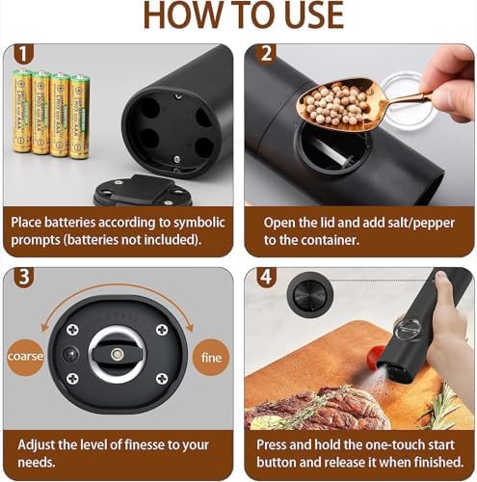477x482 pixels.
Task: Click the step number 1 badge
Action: click(x=23, y=54)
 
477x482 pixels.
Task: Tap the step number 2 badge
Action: click(x=266, y=54)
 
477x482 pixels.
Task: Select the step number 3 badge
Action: click(x=24, y=277)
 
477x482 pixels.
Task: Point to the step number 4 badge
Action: click(x=266, y=277)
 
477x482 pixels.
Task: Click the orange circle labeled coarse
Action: click(x=25, y=357)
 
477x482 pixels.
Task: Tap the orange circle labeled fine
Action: click(x=211, y=358)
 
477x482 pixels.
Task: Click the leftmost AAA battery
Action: click(x=22, y=111)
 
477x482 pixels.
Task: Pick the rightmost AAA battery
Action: click(x=80, y=117)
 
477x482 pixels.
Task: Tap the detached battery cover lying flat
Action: click(x=142, y=192)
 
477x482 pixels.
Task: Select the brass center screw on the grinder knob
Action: click(x=117, y=354)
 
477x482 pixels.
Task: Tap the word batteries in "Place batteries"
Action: click(x=70, y=223)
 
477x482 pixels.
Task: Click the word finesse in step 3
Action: click(x=144, y=445)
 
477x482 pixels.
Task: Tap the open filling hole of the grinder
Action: click(x=334, y=147)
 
